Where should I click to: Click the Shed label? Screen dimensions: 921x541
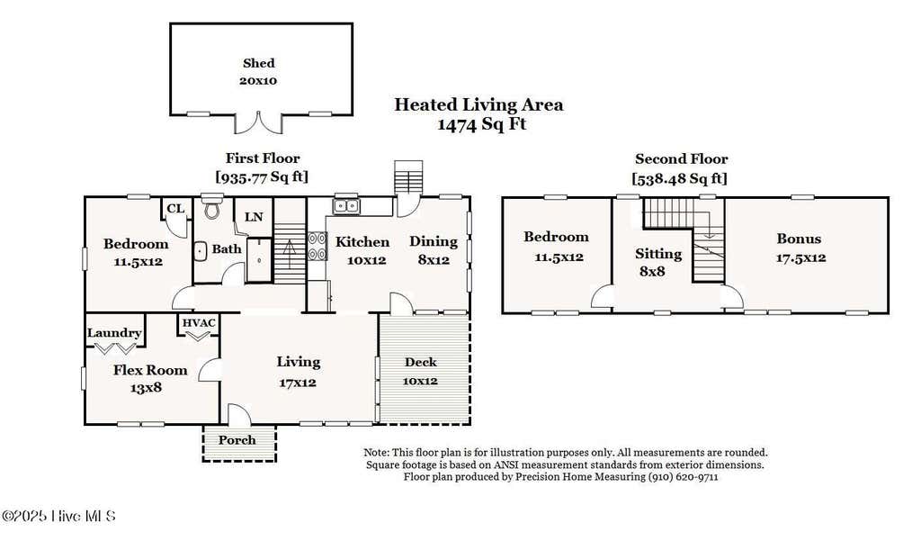click(258, 63)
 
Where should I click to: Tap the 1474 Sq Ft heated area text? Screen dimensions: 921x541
click(482, 124)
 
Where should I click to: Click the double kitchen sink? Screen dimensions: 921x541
click(346, 206)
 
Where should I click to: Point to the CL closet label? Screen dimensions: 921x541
click(175, 208)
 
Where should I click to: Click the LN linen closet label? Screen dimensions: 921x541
click(254, 217)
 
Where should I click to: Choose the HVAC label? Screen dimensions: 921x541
click(199, 323)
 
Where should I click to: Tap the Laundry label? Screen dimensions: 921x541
click(114, 333)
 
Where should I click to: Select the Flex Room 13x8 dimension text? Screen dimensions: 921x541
click(146, 387)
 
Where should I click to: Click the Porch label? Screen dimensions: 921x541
click(237, 440)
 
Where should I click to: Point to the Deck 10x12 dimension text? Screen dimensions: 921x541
click(420, 381)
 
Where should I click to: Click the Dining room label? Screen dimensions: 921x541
click(434, 241)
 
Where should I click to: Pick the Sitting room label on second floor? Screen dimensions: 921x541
click(658, 254)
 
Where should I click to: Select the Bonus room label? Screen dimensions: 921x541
click(799, 239)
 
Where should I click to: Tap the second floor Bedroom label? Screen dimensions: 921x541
click(556, 237)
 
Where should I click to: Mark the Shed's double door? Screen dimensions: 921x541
click(258, 122)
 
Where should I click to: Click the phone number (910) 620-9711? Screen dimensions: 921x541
click(683, 477)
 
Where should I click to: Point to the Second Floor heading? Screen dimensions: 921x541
click(682, 158)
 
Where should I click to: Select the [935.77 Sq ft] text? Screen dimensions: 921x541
click(262, 176)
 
